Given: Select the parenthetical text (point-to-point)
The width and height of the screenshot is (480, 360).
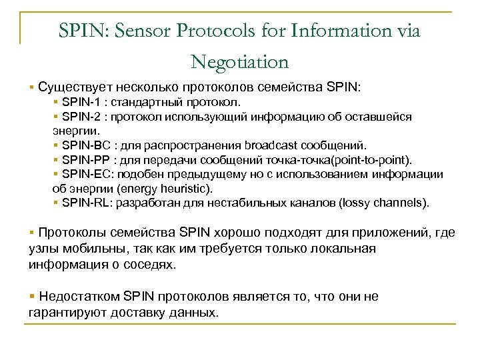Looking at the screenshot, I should coord(370,159).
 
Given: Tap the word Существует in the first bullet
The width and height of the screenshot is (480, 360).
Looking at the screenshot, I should coord(75,87).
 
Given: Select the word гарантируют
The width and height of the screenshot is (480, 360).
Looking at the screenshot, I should coord(68,312).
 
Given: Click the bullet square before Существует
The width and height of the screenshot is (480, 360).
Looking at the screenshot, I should coord(31,87).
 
